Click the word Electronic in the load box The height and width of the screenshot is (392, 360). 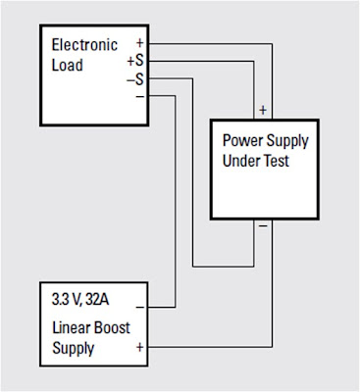pyautogui.click(x=84, y=45)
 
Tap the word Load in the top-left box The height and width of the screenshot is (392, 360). pyautogui.click(x=68, y=65)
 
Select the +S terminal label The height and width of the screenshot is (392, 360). pyautogui.click(x=135, y=61)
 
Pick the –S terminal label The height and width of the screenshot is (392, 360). pyautogui.click(x=135, y=79)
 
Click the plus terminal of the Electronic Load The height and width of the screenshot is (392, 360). pyautogui.click(x=140, y=43)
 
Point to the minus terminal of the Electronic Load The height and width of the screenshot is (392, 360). pyautogui.click(x=140, y=96)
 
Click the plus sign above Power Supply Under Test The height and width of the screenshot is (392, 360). pyautogui.click(x=263, y=110)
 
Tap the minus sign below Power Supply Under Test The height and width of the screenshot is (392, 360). pyautogui.click(x=263, y=225)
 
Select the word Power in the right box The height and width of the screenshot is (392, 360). pyautogui.click(x=242, y=140)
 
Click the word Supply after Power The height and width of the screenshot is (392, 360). pyautogui.click(x=287, y=141)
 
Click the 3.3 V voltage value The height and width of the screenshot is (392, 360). pyautogui.click(x=67, y=300)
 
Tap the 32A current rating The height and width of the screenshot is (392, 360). pyautogui.click(x=97, y=300)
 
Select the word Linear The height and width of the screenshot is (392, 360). pyautogui.click(x=71, y=327)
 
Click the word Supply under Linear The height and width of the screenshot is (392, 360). pyautogui.click(x=74, y=349)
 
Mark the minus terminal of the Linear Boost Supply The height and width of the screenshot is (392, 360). pyautogui.click(x=140, y=308)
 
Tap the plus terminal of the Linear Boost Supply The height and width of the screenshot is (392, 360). pyautogui.click(x=140, y=347)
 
